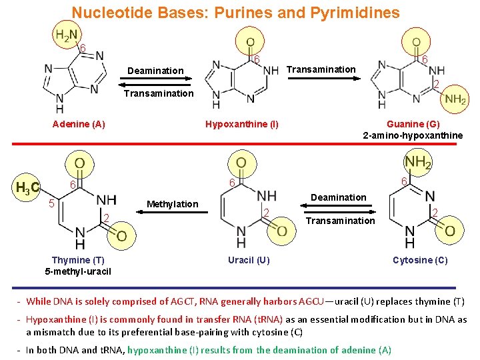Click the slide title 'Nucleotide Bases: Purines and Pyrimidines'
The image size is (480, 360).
[x=235, y=13]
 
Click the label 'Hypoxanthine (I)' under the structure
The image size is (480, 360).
[x=242, y=124]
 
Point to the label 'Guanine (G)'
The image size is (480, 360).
[x=413, y=124]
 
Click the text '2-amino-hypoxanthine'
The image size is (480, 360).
[x=413, y=135]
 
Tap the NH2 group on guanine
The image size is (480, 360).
[x=455, y=99]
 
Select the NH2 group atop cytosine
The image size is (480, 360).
[x=418, y=161]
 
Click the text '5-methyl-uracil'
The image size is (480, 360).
[x=78, y=271]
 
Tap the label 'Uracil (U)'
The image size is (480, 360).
[x=249, y=260]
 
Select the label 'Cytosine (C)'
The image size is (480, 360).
[x=420, y=260]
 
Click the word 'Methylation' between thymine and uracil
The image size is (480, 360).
[x=172, y=204]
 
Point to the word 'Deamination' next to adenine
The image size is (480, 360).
[x=155, y=71]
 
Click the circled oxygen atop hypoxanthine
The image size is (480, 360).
[x=250, y=42]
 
